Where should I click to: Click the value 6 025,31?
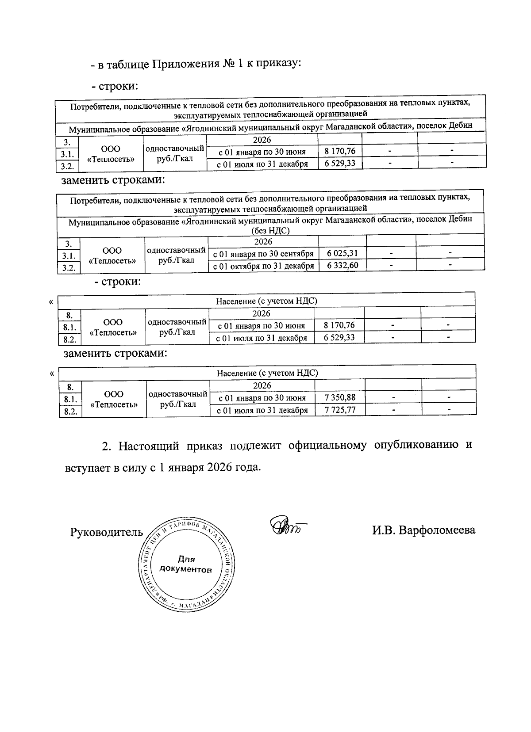pos(342,253)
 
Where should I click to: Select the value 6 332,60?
pos(342,265)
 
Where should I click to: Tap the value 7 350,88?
pos(340,397)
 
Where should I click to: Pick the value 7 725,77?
pos(340,410)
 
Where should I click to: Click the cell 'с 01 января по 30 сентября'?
pos(263,254)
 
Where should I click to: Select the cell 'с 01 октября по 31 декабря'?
pos(263,266)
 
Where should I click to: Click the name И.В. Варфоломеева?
pos(423,530)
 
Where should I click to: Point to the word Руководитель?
pos(107,532)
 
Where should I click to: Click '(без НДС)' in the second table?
pos(270,230)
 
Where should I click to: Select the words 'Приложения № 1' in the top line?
pos(197,64)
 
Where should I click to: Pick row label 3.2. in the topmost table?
pos(66,166)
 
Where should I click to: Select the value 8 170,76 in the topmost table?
pos(340,151)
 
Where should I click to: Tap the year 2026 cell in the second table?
pos(263,241)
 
